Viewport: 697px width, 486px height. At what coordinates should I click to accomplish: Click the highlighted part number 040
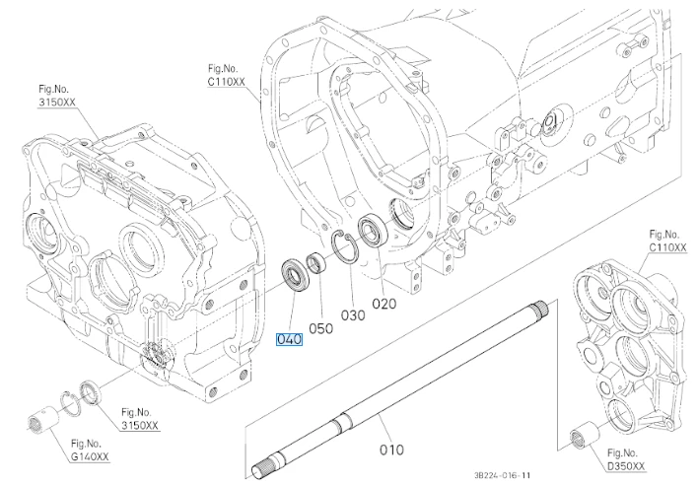tap(289, 340)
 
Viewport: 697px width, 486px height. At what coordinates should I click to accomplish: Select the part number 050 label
tap(321, 328)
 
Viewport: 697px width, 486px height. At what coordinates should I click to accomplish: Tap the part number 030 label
tap(353, 315)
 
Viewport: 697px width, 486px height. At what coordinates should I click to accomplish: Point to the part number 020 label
tap(384, 304)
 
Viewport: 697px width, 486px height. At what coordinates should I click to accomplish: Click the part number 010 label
tap(391, 450)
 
